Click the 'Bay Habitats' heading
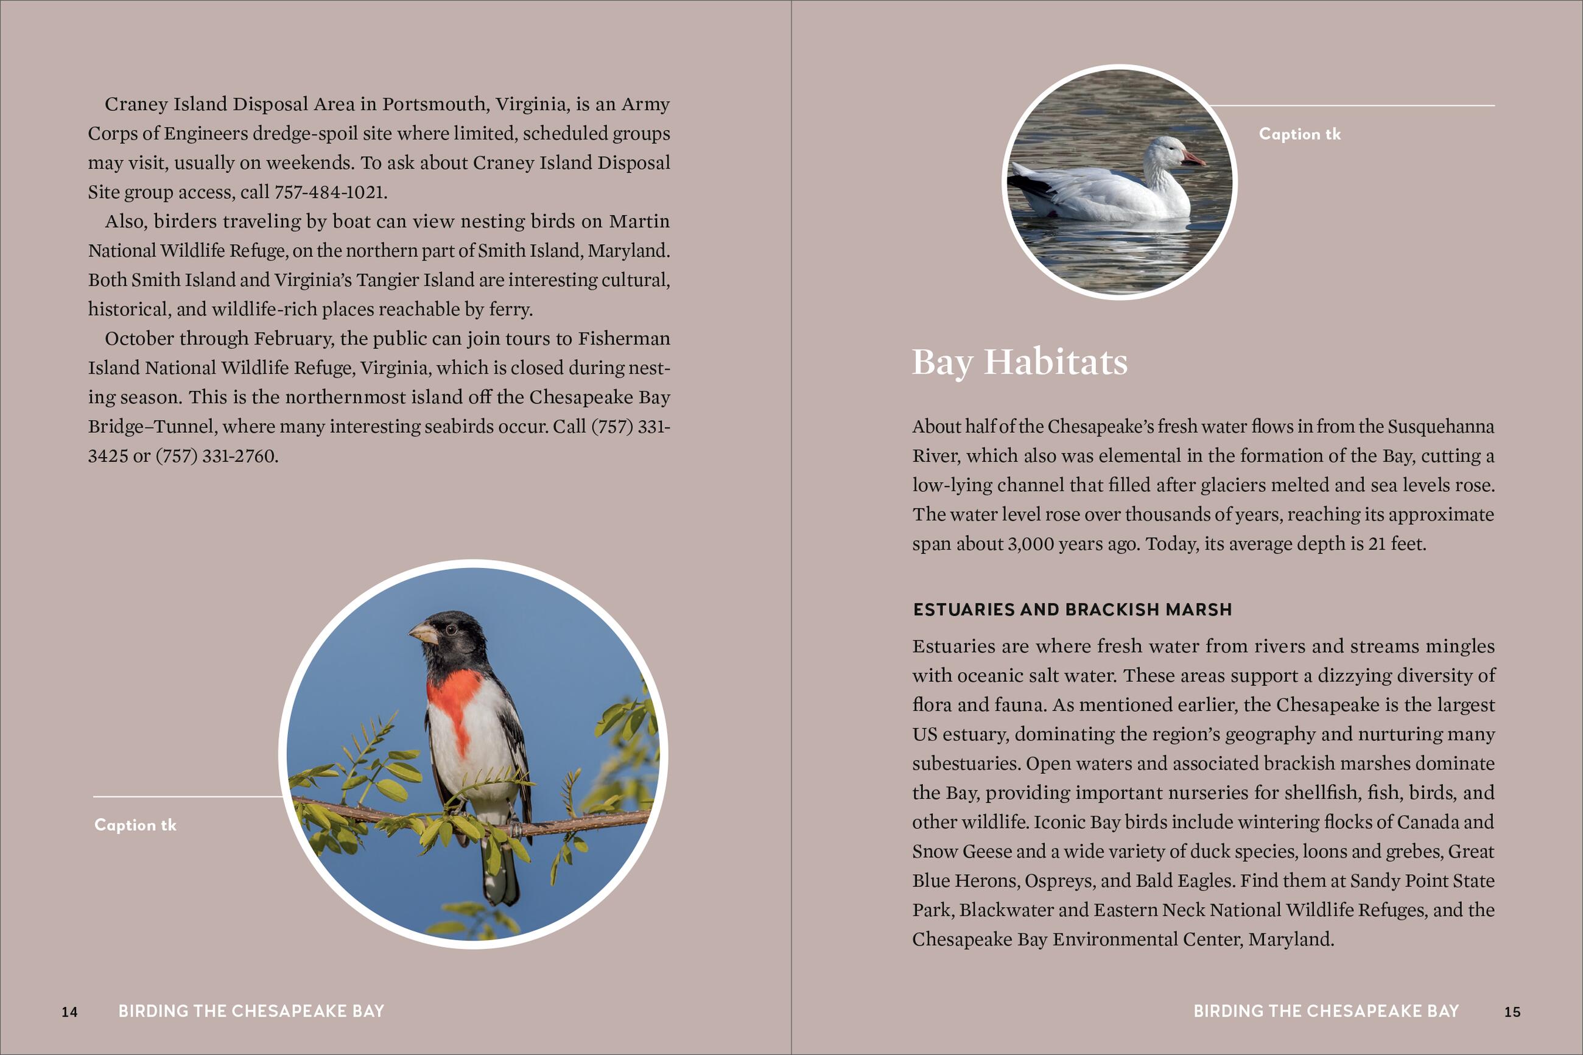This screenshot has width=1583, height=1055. click(1019, 362)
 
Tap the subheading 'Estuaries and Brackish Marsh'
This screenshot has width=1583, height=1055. click(1072, 609)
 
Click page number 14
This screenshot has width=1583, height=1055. click(69, 1012)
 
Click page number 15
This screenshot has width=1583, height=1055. click(1512, 1012)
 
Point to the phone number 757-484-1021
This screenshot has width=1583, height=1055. click(329, 192)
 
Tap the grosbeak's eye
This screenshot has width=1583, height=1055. click(451, 629)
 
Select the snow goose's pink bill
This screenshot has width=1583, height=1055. click(1192, 159)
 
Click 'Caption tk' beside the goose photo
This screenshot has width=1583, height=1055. click(1299, 134)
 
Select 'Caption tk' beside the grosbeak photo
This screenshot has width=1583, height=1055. click(135, 825)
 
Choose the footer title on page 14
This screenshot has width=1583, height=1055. click(251, 1011)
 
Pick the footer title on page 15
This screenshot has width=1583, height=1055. click(1325, 1011)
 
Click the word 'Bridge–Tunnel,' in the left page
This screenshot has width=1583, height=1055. click(152, 427)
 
